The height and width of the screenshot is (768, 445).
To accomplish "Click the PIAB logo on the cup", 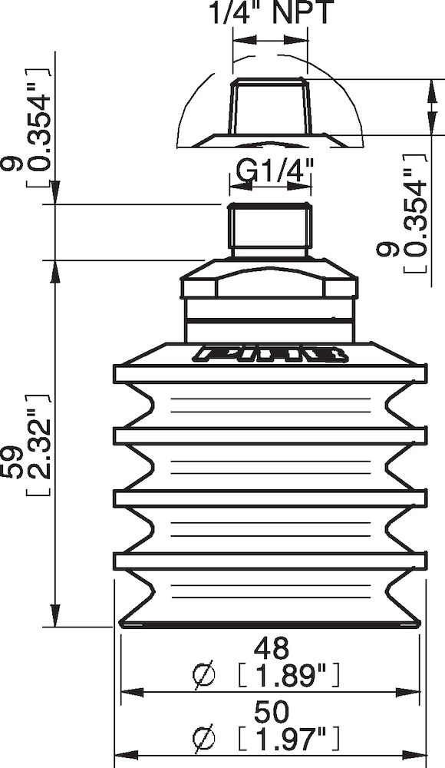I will [x=269, y=354].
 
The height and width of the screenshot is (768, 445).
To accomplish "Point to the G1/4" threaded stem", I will [x=269, y=229].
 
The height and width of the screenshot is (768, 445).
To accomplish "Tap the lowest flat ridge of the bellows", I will [x=269, y=561].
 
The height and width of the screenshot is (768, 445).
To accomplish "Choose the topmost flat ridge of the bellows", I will [x=269, y=374].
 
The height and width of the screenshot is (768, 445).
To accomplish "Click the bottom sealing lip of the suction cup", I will [x=269, y=622].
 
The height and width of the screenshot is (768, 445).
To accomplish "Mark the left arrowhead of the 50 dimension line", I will [x=122, y=757].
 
